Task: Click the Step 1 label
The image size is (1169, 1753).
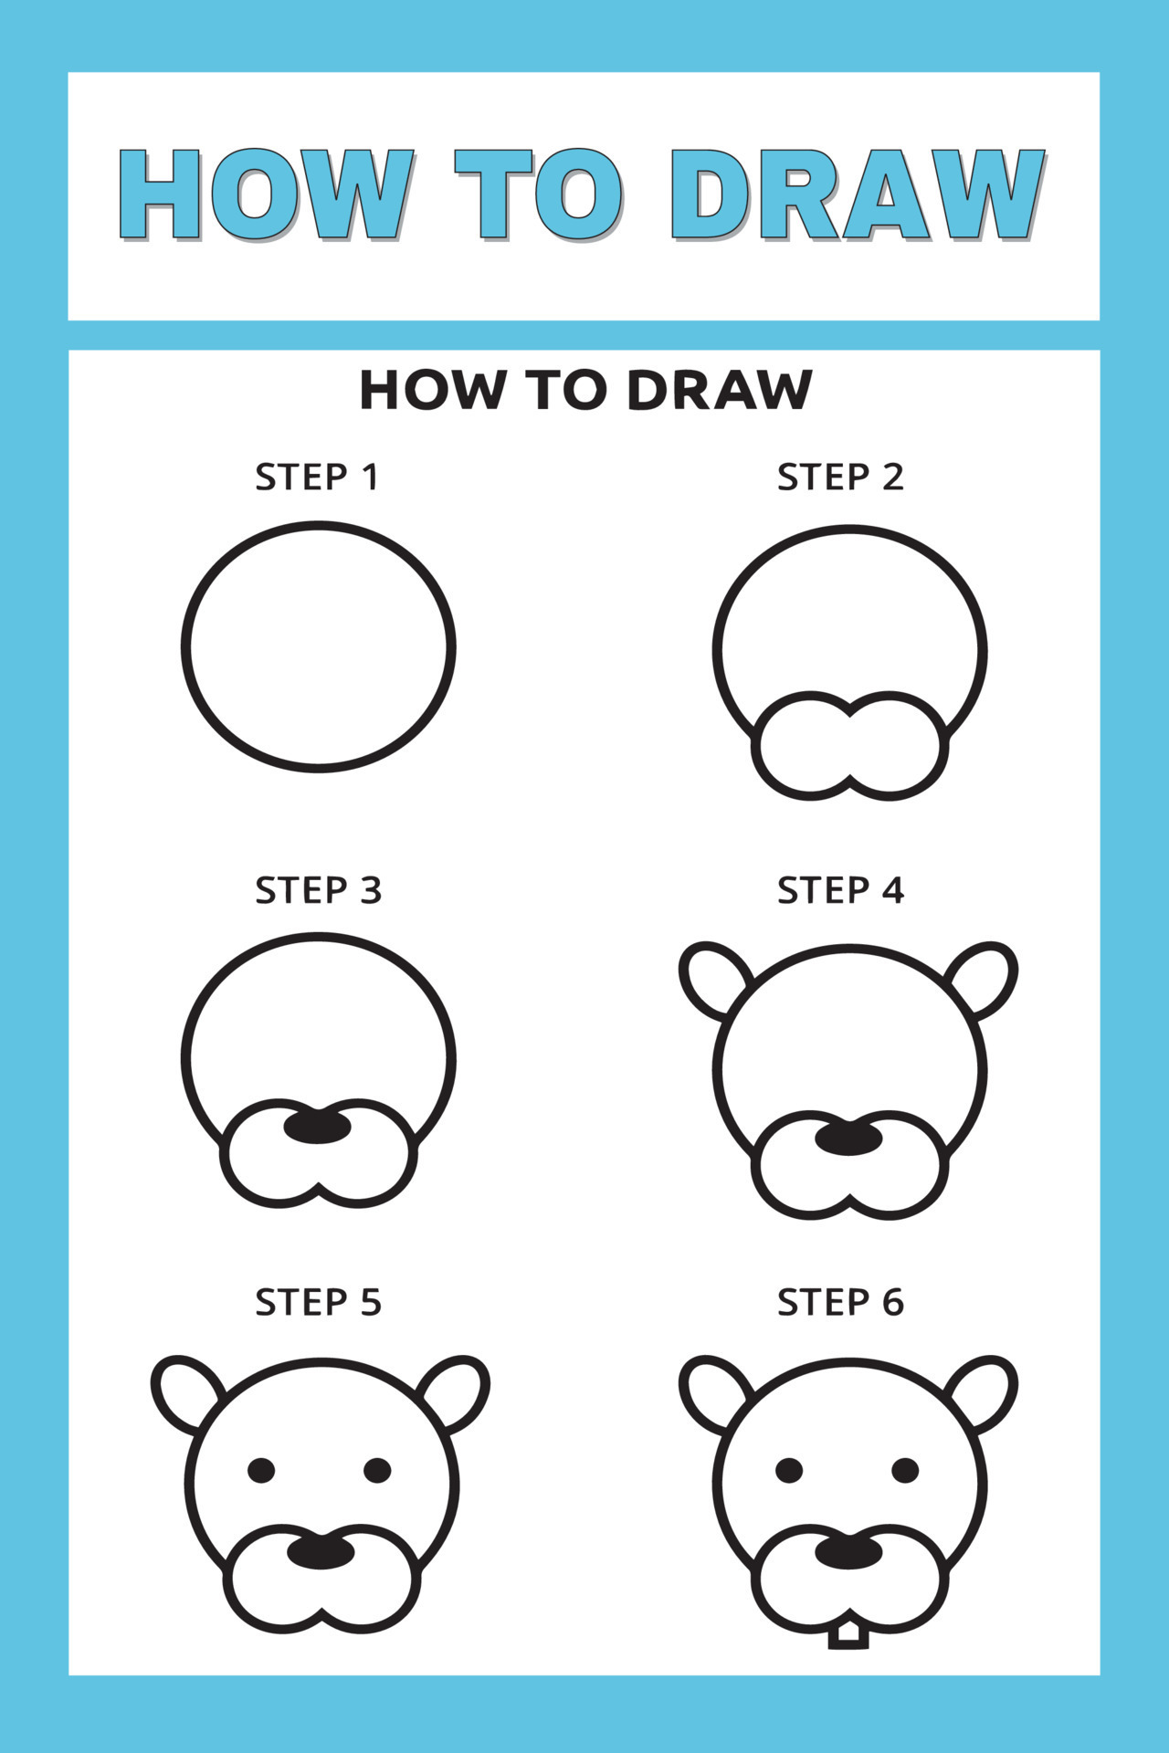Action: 317,478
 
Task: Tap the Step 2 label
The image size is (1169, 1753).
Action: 840,478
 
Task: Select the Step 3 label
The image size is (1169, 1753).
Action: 318,890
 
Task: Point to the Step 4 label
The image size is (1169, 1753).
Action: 840,890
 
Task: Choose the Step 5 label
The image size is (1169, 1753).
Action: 318,1303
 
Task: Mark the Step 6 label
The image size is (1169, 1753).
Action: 840,1303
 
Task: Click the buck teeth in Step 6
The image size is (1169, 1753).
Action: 848,1634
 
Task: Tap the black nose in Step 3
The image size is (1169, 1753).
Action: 317,1128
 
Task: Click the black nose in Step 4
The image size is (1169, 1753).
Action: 848,1139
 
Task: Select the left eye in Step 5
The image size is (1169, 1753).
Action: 261,1471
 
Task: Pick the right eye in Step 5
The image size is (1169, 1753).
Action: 377,1471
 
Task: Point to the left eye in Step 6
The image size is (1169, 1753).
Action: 789,1471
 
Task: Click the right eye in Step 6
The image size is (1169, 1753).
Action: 905,1471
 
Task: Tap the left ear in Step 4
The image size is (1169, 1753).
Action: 712,979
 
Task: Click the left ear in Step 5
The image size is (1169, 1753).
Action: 184,1391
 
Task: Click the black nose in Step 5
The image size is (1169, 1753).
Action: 321,1552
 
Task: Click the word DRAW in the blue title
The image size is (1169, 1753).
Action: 857,194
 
